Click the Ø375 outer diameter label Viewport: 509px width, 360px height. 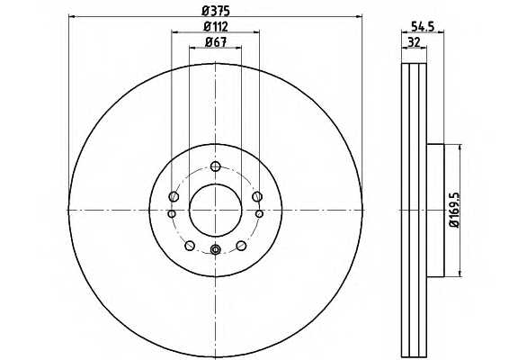[x=216, y=11]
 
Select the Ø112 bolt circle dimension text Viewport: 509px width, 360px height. [x=216, y=27]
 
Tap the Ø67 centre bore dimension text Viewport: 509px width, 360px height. [x=216, y=42]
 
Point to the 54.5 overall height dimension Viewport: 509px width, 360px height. [x=423, y=26]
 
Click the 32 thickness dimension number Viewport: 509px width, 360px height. [x=414, y=42]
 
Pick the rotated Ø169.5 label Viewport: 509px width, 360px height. [x=455, y=210]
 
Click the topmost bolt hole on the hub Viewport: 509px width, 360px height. [x=216, y=166]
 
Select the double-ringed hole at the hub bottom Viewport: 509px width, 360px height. [x=216, y=249]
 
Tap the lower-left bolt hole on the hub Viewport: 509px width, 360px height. [x=190, y=246]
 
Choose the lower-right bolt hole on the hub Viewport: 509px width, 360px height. [x=241, y=246]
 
